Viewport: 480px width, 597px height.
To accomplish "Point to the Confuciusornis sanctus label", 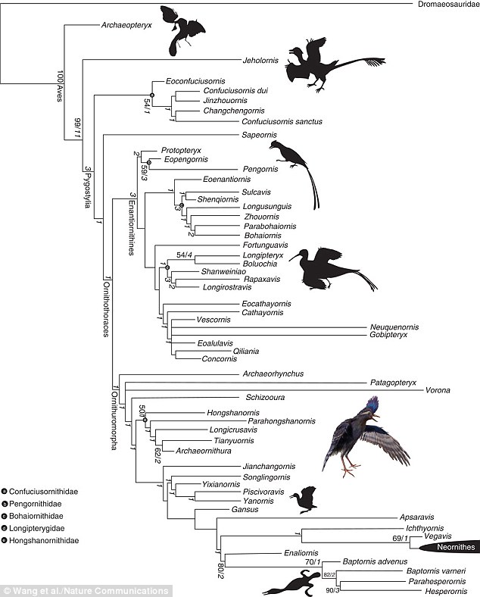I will click(x=282, y=121).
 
